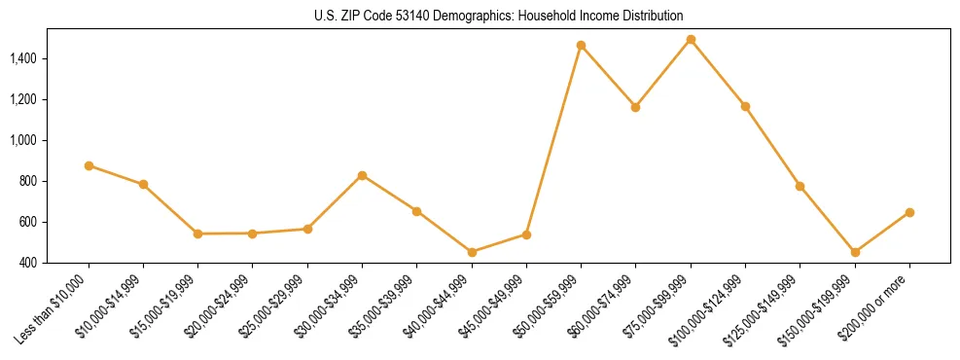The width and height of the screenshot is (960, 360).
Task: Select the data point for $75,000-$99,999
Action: click(x=691, y=40)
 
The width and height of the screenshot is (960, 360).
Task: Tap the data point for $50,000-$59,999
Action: click(x=581, y=46)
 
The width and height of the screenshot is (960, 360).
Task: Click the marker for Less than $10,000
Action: click(x=89, y=165)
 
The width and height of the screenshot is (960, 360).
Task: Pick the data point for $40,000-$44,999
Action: click(x=472, y=252)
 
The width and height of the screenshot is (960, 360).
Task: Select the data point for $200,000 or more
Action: click(x=909, y=212)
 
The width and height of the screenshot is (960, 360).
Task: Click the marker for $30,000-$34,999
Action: click(x=362, y=175)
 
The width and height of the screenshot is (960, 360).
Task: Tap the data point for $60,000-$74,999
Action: click(x=635, y=107)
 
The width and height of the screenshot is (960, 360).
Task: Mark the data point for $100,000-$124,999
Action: click(x=745, y=106)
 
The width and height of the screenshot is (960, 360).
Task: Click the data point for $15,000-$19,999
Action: click(x=197, y=234)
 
